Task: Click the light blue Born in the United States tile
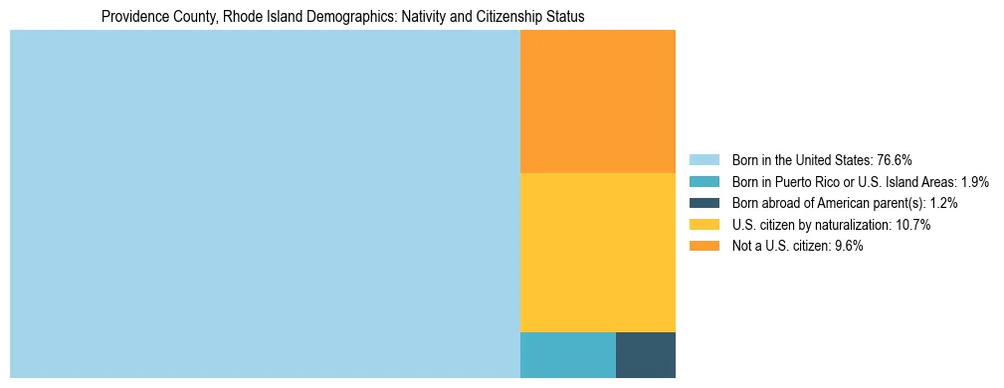(x=265, y=204)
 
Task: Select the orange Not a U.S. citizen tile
(x=597, y=101)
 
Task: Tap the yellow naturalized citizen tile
(x=597, y=252)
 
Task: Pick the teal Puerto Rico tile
(x=567, y=355)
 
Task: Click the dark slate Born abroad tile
(x=646, y=355)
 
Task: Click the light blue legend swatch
(x=703, y=160)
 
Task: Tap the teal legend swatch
(x=703, y=182)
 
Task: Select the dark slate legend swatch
(x=703, y=203)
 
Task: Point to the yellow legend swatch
(x=703, y=225)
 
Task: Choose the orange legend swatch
(x=703, y=247)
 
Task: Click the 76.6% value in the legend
(x=894, y=160)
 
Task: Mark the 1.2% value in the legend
(x=942, y=203)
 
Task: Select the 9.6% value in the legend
(x=846, y=247)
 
